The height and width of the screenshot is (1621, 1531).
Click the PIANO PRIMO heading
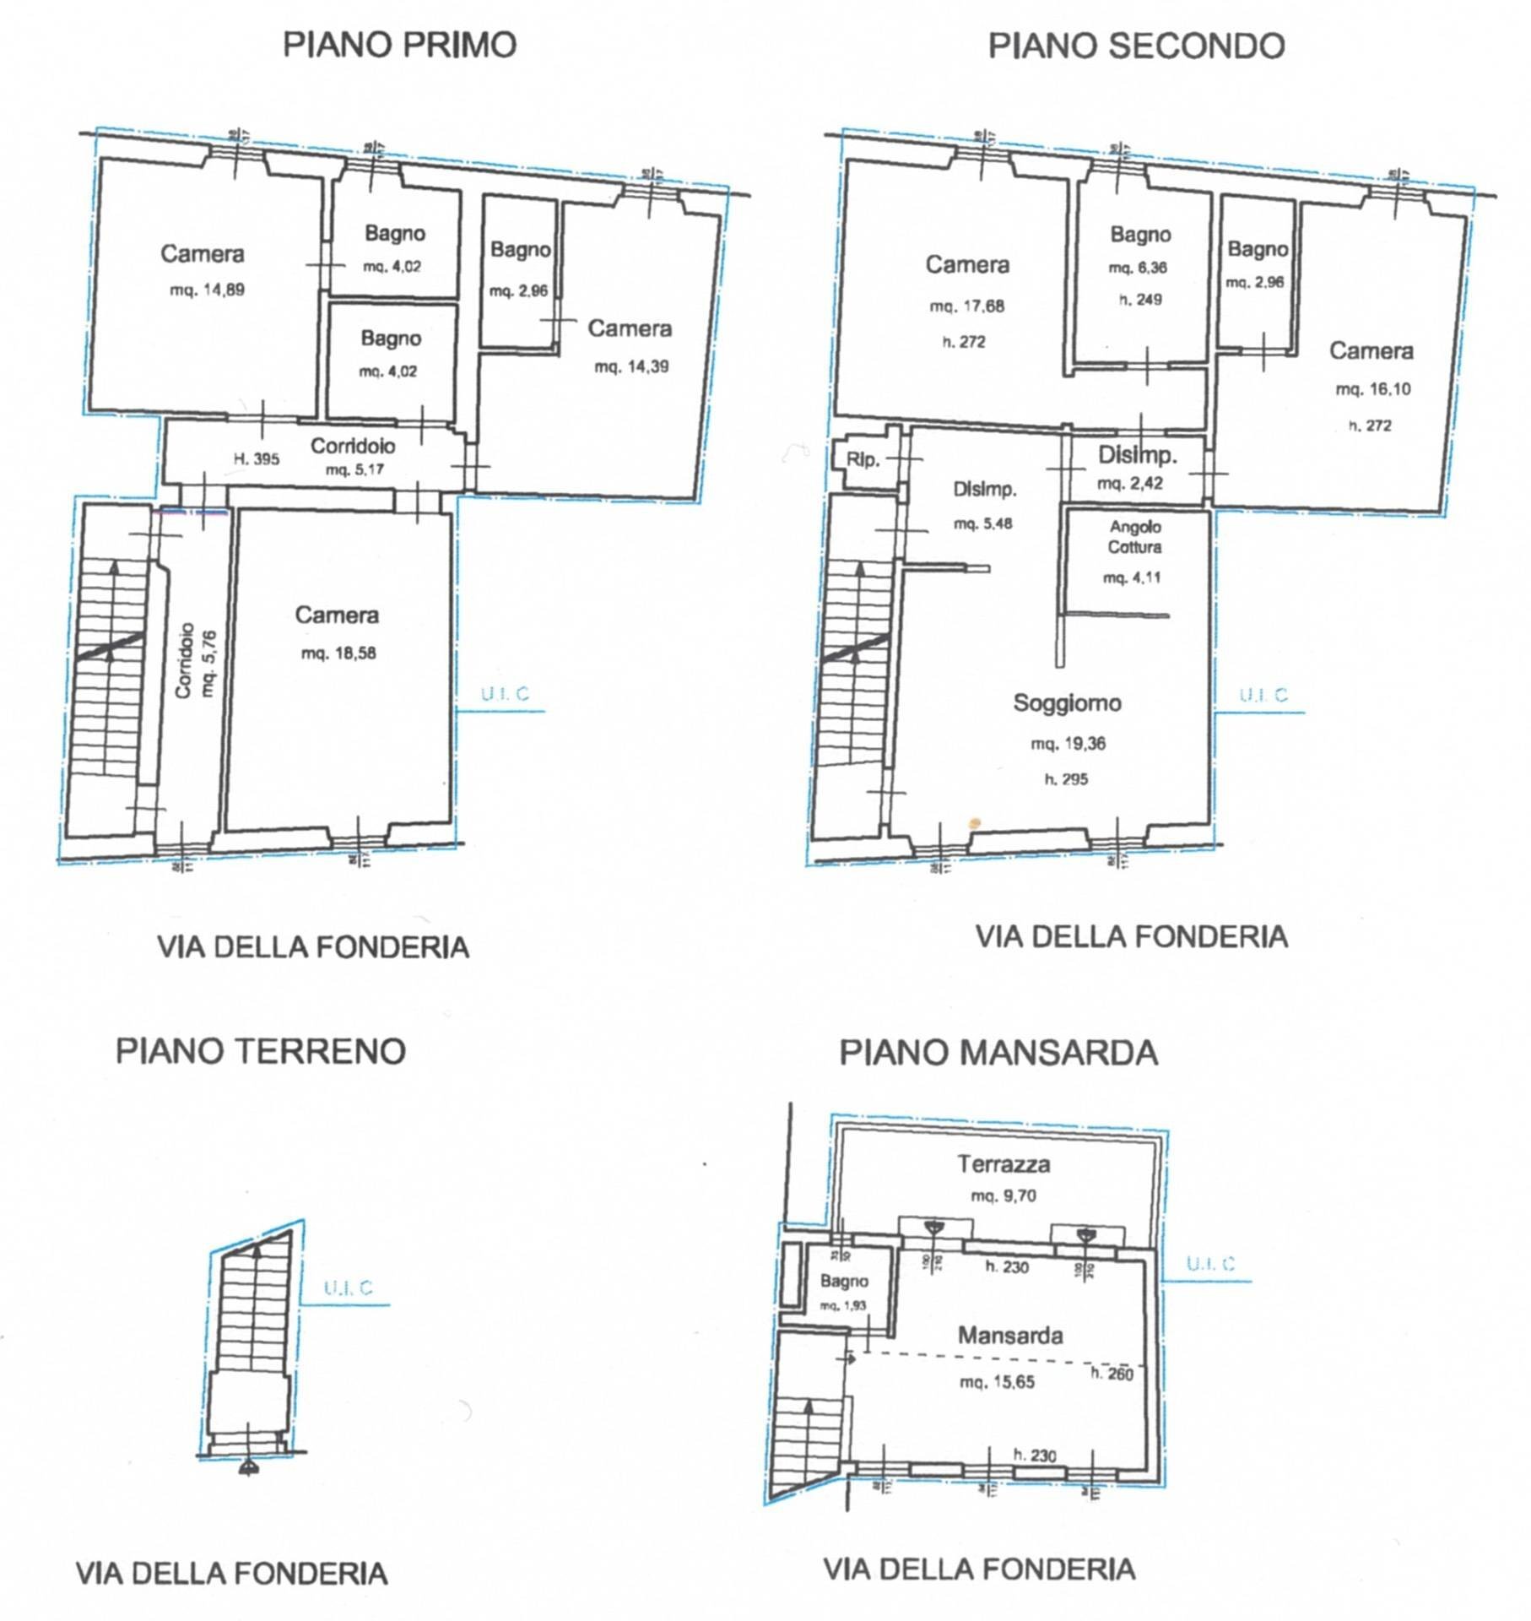point(399,45)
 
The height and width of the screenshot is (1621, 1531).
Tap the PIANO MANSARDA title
point(998,1052)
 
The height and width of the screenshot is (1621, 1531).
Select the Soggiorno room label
point(1067,702)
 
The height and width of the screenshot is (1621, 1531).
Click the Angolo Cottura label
point(1134,537)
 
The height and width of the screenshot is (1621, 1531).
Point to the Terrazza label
point(1004,1164)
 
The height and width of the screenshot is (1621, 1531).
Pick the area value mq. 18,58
point(338,653)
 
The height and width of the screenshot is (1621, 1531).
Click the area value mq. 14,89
point(208,290)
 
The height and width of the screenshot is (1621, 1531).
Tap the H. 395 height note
point(256,459)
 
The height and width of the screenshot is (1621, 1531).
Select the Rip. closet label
point(863,460)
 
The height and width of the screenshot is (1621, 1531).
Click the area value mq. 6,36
point(1138,268)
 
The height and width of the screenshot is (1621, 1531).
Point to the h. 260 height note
point(1112,1374)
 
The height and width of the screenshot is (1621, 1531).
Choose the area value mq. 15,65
point(997,1382)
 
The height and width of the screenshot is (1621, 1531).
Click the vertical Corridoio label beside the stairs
point(185,661)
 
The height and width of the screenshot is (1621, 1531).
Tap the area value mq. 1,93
point(843,1306)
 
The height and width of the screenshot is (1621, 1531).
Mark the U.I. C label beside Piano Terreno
point(348,1288)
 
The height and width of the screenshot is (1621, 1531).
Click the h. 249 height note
point(1140,299)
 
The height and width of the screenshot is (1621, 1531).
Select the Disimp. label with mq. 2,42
point(1137,456)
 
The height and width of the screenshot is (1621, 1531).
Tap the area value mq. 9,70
point(1004,1195)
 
